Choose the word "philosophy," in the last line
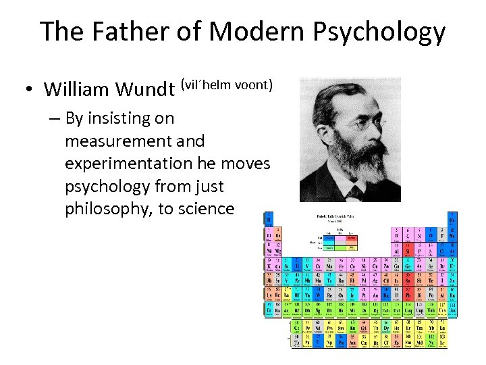[108, 208]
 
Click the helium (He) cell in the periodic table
[451, 219]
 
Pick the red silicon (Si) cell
[408, 249]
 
